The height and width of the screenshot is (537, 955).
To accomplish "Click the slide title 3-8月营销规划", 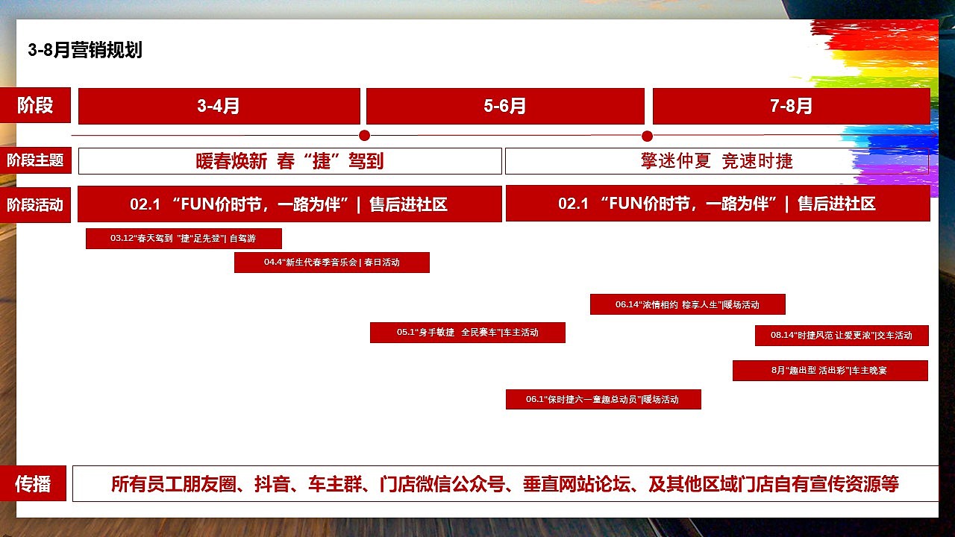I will [x=85, y=50].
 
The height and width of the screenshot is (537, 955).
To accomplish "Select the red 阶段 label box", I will [x=35, y=105].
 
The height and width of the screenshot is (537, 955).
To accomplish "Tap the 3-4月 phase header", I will [x=219, y=106].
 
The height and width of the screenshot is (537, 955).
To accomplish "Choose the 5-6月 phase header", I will [x=504, y=106].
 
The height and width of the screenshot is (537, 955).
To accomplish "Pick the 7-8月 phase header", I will [x=791, y=106].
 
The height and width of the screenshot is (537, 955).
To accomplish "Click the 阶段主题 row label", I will [x=35, y=160].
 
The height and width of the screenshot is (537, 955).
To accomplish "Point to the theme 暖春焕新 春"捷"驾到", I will [x=289, y=161].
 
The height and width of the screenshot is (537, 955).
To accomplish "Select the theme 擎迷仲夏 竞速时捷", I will [x=716, y=161].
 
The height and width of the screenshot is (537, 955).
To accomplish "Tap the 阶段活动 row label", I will [x=35, y=204].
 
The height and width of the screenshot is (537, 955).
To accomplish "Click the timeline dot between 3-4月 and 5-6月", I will [x=364, y=136].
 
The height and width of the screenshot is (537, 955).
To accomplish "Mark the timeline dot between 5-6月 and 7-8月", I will [x=647, y=136].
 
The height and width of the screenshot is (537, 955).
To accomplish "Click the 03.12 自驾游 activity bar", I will [x=184, y=239].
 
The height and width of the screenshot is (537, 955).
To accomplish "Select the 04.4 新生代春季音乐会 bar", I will [x=331, y=263].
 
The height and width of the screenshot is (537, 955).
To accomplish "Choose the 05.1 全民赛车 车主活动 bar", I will [x=467, y=333].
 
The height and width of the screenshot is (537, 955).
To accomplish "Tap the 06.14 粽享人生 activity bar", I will [x=687, y=304].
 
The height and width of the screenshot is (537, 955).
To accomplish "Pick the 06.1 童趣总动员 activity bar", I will [x=603, y=400].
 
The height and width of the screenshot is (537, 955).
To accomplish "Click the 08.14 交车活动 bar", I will [x=842, y=336].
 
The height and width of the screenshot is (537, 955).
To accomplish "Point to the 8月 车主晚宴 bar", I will [x=830, y=371].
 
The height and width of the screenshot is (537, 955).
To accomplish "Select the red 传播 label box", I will [x=34, y=484].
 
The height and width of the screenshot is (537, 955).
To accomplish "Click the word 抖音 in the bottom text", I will [x=272, y=484].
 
